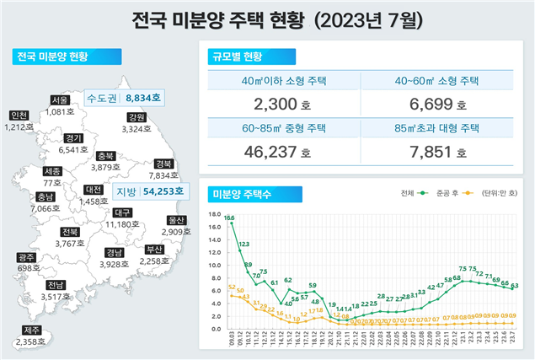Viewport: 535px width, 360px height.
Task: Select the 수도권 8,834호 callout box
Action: point(124,98)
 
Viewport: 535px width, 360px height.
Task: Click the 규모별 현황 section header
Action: point(239,56)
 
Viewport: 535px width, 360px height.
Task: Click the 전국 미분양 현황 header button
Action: point(52,57)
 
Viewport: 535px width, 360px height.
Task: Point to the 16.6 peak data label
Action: point(229,217)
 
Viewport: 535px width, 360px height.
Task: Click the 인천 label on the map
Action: point(19,116)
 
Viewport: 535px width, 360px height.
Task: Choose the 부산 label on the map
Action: point(154,249)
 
